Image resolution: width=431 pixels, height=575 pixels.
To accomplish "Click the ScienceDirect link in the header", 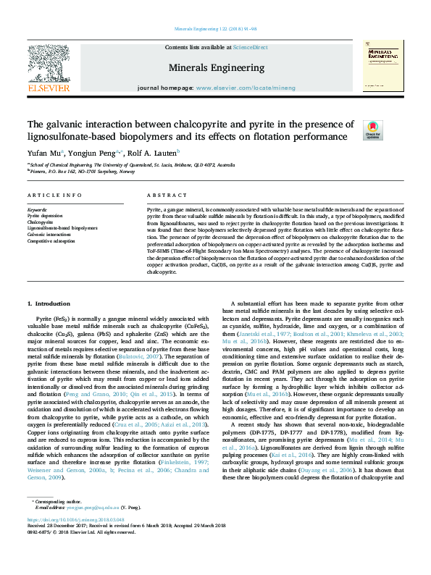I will pyautogui.click(x=250, y=47).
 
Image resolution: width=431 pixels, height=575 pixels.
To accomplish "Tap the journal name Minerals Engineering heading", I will pyautogui.click(x=217, y=67).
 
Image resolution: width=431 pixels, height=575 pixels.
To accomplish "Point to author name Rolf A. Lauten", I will pyautogui.click(x=153, y=153).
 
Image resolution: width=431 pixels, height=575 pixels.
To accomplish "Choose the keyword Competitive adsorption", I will pyautogui.click(x=53, y=240).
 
